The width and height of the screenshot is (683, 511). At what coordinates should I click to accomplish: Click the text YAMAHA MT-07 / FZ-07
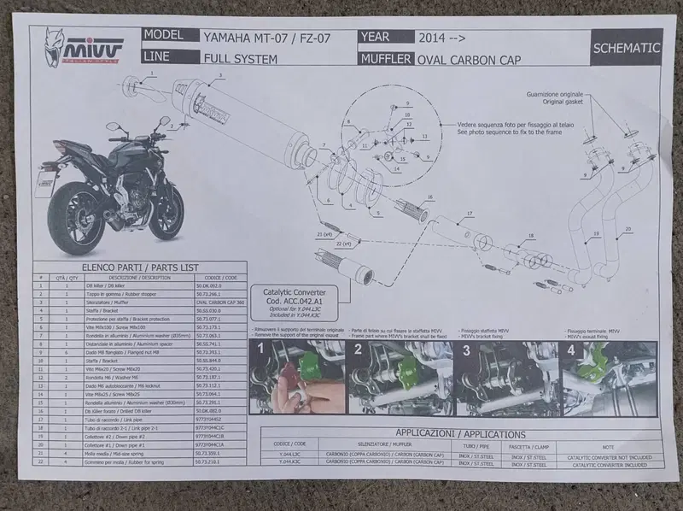[264, 38]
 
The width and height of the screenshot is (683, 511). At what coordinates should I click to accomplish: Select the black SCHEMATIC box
[626, 48]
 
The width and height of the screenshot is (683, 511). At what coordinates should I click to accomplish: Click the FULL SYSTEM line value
[239, 59]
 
